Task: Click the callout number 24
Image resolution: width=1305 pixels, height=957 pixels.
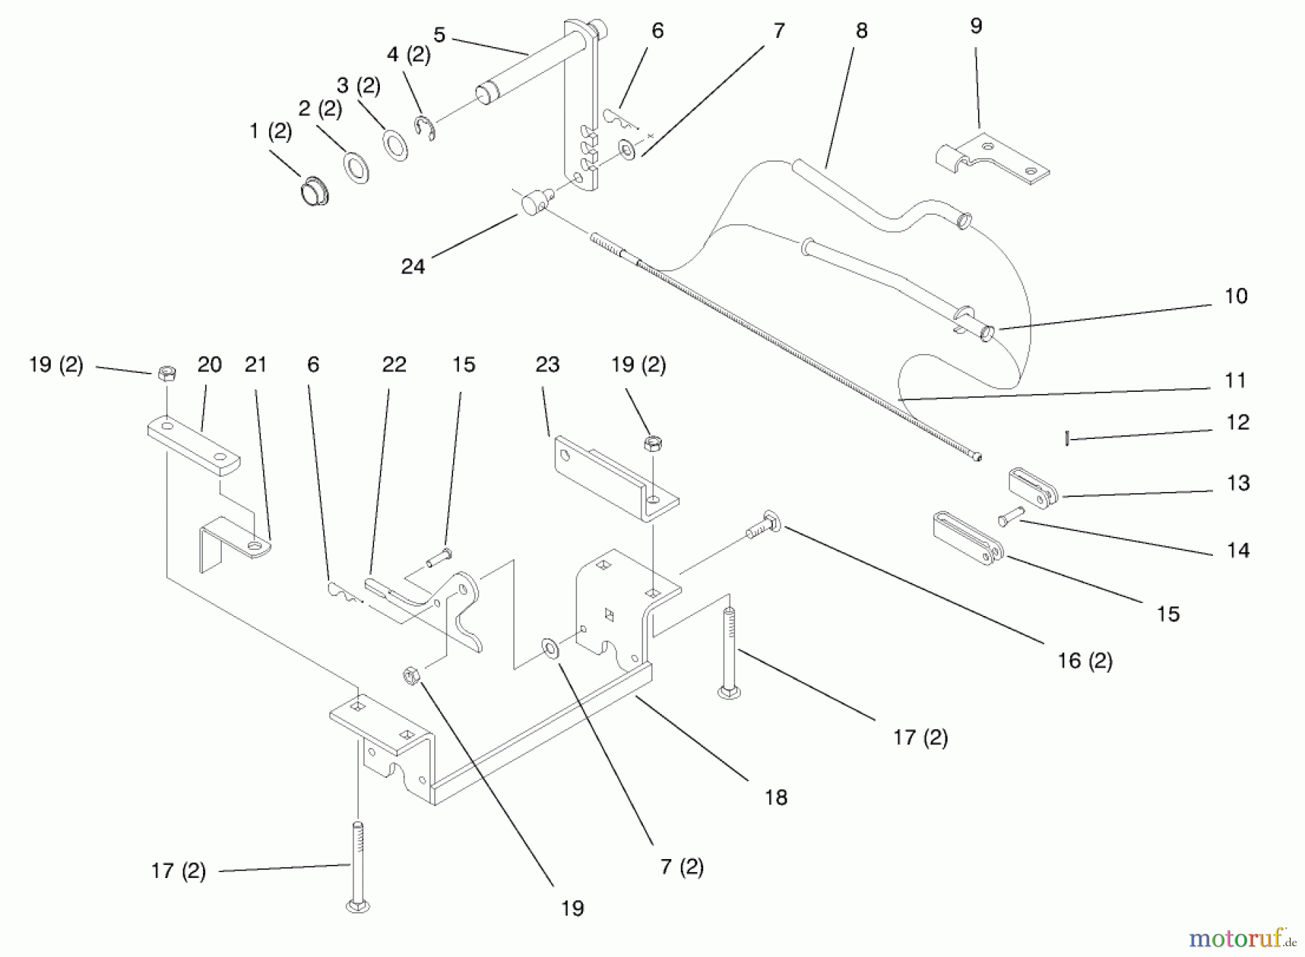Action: pos(413,266)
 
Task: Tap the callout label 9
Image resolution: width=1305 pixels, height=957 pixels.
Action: pos(976,26)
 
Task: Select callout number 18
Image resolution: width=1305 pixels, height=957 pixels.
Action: pos(775,797)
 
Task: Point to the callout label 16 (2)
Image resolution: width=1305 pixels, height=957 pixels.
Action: pos(1085,660)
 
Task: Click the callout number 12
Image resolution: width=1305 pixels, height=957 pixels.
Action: pos(1237,422)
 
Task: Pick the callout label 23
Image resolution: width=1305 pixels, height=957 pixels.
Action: pos(547,364)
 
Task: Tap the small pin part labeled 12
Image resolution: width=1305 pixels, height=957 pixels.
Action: pos(1067,438)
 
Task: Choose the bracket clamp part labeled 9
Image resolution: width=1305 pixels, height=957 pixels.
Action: pos(990,158)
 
